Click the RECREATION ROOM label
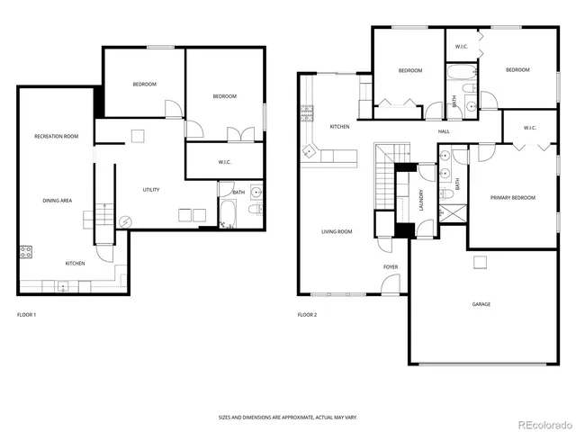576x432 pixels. coord(57,136)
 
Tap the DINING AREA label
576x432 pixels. coord(58,201)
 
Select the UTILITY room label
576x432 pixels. coord(151,189)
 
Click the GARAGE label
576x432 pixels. coord(481,304)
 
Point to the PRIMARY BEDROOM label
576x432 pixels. coord(513,197)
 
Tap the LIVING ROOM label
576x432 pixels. coord(337,231)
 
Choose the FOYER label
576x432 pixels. coord(391,266)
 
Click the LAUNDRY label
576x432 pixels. coord(421,200)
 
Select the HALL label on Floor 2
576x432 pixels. coord(444,132)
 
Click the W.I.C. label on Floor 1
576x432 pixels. coord(225,163)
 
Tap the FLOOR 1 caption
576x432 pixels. coord(27,315)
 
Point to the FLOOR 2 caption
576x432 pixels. coord(308,315)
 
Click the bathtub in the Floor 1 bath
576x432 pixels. coord(227,214)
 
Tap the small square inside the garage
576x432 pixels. coord(481,262)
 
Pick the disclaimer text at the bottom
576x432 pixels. coord(287,417)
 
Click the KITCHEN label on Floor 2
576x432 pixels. coord(339,126)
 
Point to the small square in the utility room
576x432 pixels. coord(137,137)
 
